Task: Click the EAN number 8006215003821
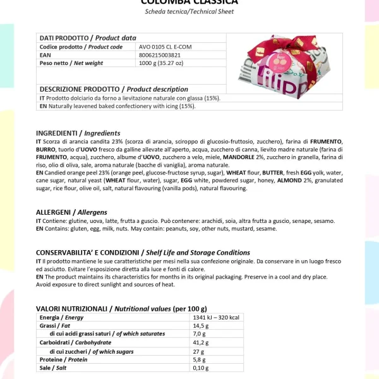(x=159, y=55)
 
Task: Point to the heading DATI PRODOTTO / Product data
(x=88, y=38)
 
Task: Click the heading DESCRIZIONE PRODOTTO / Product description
(x=114, y=89)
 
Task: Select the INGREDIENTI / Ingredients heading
(x=78, y=133)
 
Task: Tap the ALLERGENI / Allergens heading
(x=71, y=212)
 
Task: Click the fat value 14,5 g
(x=200, y=325)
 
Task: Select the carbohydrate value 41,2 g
(x=200, y=342)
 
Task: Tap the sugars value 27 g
(x=198, y=351)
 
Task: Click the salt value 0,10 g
(x=200, y=368)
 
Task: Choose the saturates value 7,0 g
(x=199, y=334)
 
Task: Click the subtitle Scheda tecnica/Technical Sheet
(x=189, y=11)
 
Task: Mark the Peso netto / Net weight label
(x=71, y=63)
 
